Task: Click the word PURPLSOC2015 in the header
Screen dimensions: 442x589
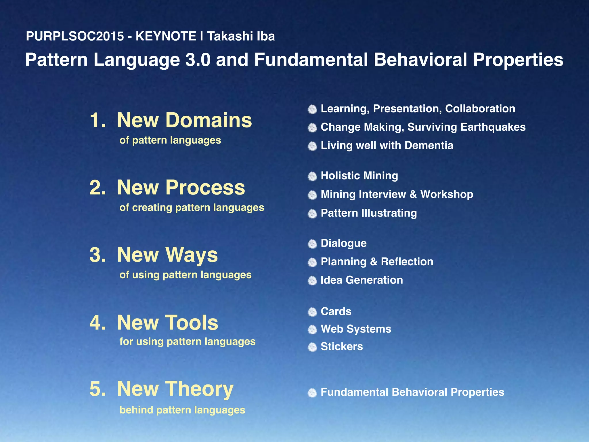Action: pos(75,37)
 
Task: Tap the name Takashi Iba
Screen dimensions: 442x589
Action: pos(241,37)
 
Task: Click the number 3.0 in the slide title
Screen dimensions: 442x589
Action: pos(198,60)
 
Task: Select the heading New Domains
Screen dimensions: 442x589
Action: pos(184,120)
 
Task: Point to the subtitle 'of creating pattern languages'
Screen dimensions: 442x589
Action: pos(192,207)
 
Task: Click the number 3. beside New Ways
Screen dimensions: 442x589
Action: pos(97,255)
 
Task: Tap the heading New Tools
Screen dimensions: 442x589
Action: pos(167,323)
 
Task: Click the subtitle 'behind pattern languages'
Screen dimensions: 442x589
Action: pos(182,410)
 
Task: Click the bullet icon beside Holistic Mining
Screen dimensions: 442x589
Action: pos(312,176)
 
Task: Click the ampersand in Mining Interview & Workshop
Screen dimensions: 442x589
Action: pos(413,195)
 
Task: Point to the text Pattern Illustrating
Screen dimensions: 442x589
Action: pos(368,213)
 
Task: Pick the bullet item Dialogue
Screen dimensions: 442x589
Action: pos(343,243)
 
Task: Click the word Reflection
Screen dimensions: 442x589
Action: pos(407,262)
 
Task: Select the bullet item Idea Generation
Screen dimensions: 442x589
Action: pos(362,280)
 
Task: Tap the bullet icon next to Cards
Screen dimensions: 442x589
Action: pos(312,312)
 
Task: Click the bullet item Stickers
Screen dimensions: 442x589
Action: pos(341,347)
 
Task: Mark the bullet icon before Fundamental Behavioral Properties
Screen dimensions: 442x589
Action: pos(312,393)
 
